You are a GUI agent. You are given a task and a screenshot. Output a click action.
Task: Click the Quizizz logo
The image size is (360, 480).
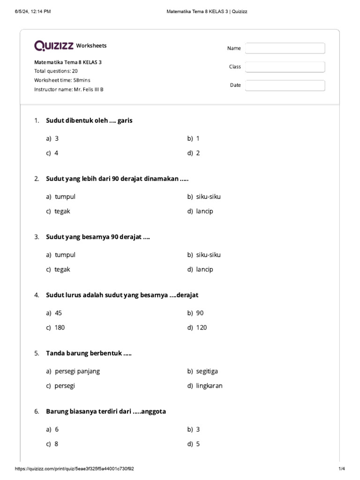[53, 45]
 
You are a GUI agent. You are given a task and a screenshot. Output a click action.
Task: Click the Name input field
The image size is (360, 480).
[285, 48]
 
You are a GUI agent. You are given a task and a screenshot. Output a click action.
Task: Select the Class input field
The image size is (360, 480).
[285, 67]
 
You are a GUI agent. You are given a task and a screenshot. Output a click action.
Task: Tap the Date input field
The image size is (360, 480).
[285, 85]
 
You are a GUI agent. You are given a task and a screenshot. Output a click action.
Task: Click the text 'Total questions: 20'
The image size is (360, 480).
[56, 71]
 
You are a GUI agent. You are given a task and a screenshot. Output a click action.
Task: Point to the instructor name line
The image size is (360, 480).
[68, 89]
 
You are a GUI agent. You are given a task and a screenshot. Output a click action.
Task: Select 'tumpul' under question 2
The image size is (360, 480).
[65, 196]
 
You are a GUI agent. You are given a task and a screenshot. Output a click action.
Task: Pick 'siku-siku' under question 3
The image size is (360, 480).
[208, 255]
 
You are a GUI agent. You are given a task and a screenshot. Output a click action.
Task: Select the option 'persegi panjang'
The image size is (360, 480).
[77, 371]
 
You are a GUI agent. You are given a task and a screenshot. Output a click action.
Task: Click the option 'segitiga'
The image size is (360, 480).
[207, 371]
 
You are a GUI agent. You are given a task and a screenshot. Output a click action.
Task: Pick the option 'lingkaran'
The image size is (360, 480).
[209, 386]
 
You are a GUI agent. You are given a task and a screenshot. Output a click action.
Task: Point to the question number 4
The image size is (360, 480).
[37, 295]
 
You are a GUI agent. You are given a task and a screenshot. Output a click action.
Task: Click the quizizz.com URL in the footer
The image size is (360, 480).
[78, 469]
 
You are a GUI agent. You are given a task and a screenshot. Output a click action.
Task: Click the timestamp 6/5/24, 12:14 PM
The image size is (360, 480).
[33, 11]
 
